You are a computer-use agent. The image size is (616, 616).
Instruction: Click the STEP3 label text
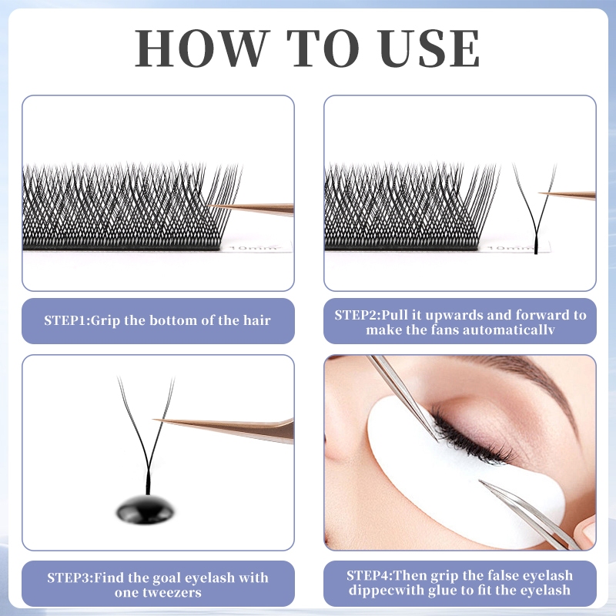click(70, 577)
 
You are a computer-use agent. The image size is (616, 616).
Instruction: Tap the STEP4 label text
click(370, 576)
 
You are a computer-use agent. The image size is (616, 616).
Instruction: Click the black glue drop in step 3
click(146, 507)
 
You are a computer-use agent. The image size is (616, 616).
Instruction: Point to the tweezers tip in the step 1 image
click(216, 206)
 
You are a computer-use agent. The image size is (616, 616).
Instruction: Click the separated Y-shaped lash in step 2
click(534, 208)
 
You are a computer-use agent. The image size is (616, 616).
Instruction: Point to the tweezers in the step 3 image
click(231, 426)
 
